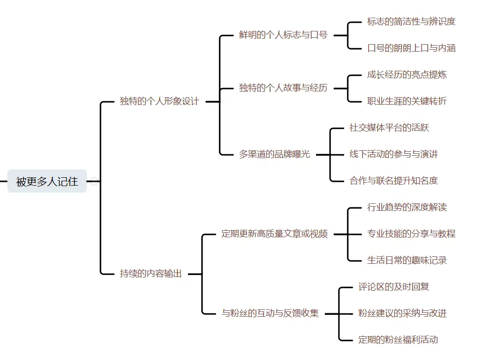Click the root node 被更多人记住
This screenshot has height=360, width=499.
pos(47,181)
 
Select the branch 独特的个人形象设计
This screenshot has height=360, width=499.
pos(159,102)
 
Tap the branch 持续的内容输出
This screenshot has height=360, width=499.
pos(151,274)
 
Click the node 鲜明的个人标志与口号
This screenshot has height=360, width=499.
pos(283,35)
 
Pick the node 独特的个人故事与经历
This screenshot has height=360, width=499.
pos(283,88)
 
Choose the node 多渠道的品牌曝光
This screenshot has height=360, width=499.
pos(274,154)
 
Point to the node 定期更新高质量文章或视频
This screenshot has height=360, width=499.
pos(274,234)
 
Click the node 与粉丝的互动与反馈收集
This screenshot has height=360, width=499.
pos(270,313)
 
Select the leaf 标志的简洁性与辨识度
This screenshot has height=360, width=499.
pos(411,22)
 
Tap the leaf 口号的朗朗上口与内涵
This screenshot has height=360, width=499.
pos(411,48)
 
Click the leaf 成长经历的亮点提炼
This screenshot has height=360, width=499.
pos(407,75)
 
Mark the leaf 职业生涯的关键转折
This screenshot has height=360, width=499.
pos(407,101)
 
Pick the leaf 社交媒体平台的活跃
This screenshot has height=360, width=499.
pos(389,128)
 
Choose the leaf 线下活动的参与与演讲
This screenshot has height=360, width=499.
pos(394,154)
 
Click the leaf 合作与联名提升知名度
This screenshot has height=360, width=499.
pos(394,181)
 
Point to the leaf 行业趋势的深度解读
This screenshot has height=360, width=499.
pos(407,207)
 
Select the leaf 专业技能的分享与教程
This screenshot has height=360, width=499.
pos(411,234)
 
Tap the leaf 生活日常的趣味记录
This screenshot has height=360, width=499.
pos(407,260)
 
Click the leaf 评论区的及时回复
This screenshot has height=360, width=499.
pos(394,287)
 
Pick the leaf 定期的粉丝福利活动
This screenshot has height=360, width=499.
pos(398,340)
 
